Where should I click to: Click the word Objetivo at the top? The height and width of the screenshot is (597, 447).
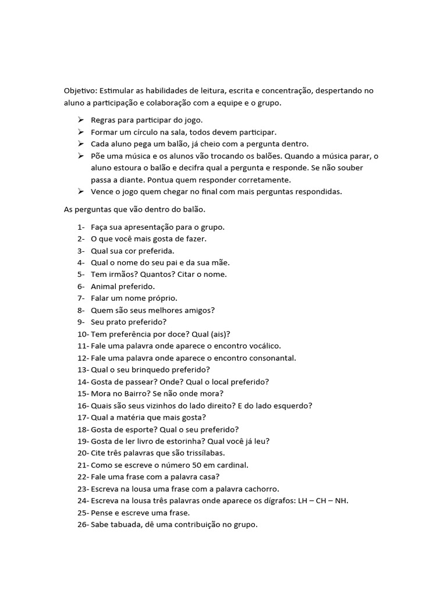(x=80, y=91)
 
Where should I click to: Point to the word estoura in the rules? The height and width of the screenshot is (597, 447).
(x=125, y=168)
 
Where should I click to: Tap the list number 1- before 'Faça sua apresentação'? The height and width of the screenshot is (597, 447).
(x=81, y=227)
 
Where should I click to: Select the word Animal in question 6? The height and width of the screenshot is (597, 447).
(x=104, y=286)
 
